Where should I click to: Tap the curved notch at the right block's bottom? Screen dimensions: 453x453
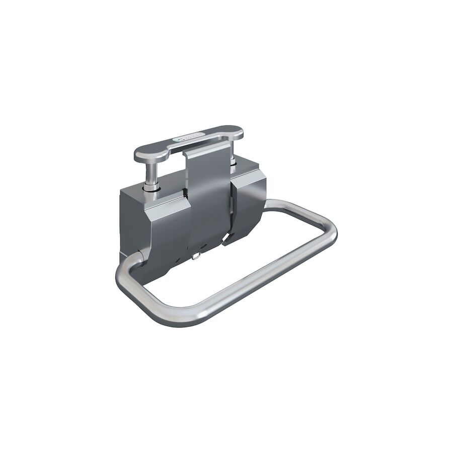pyautogui.click(x=231, y=240)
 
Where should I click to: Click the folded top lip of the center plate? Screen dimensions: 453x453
pyautogui.click(x=204, y=152)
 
